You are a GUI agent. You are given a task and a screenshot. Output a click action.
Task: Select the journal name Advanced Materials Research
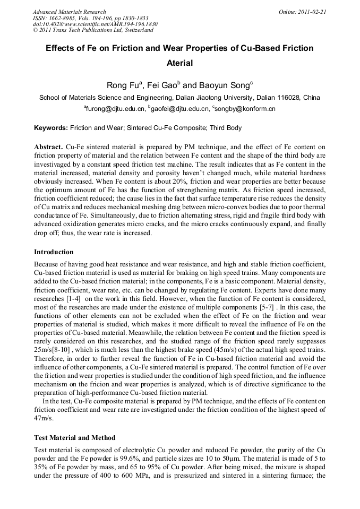click(x=69, y=12)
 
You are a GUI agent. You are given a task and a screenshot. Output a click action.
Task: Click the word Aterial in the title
click(x=179, y=63)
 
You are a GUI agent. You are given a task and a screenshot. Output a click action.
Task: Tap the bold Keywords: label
click(x=51, y=128)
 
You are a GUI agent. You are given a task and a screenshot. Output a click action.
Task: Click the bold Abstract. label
click(x=49, y=146)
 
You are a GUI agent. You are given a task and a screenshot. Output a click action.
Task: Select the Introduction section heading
click(x=54, y=252)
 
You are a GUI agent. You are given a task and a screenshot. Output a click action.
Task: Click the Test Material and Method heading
click(x=74, y=438)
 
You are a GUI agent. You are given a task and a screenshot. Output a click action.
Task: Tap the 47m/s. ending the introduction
click(x=44, y=418)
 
